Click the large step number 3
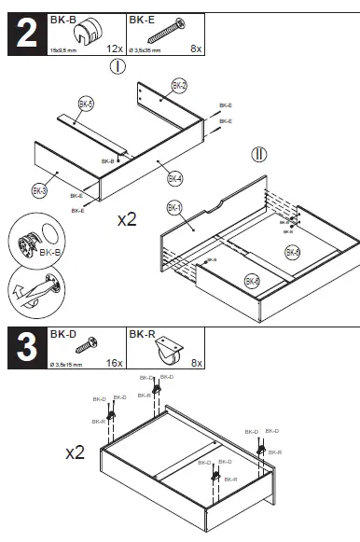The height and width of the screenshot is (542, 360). [24, 347]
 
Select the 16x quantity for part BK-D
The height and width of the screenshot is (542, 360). [113, 362]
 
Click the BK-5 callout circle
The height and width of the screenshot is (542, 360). [86, 104]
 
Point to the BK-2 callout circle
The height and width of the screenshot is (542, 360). [179, 87]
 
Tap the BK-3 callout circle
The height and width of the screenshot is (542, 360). [39, 190]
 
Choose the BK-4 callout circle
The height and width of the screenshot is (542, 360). [174, 177]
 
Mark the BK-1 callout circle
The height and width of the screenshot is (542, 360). [173, 207]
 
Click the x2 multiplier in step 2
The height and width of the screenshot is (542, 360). [127, 220]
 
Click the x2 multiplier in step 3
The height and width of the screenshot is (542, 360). [76, 452]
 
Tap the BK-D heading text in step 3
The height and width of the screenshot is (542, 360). [62, 333]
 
